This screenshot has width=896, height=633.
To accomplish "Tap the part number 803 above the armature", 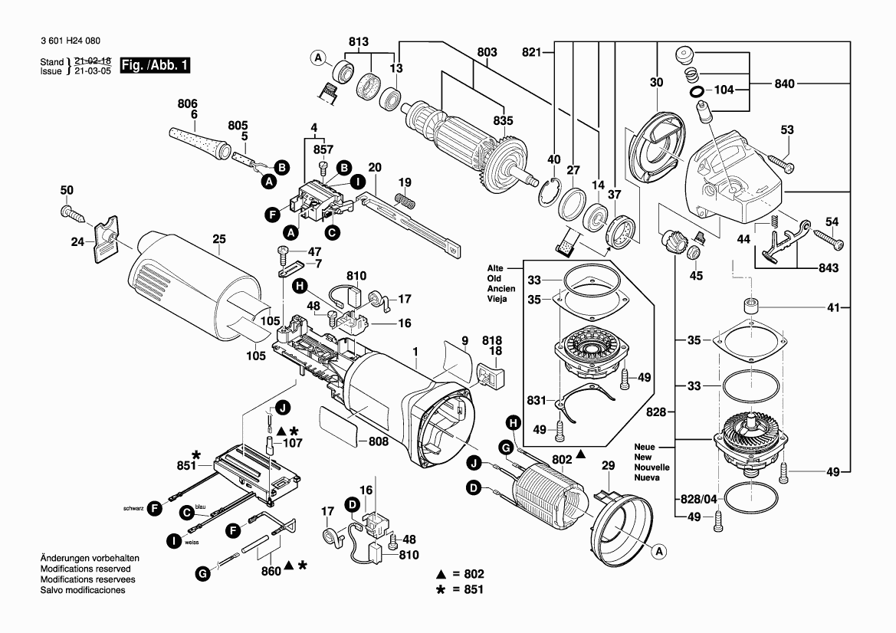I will pos(487,52).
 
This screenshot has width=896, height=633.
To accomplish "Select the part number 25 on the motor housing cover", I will pos(219,238).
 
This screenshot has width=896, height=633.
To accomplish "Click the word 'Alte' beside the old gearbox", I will pos(495,267).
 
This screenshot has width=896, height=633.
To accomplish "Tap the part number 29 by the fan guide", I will pos(608,466).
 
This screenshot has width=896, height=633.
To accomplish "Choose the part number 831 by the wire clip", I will pos(537,399).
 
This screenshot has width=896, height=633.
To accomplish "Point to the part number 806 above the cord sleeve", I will pos(188,103).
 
